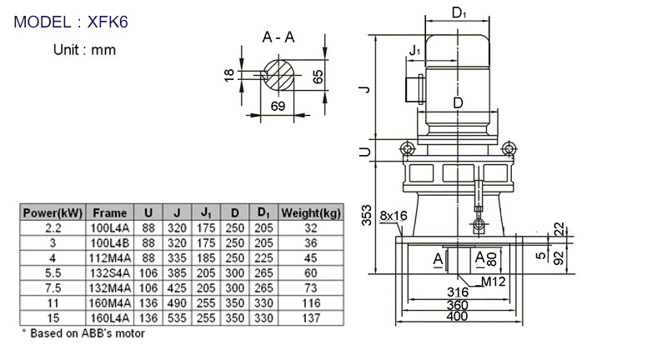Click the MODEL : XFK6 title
coord(71,22)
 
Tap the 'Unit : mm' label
coord(84,50)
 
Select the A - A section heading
coord(278,37)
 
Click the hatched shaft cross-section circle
coord(278,74)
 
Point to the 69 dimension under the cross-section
coord(278,106)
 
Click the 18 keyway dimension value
coord(228,75)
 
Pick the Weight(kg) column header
coord(311,212)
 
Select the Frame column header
coord(110,212)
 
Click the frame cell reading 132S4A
coord(110,272)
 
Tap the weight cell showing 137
coord(311,318)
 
